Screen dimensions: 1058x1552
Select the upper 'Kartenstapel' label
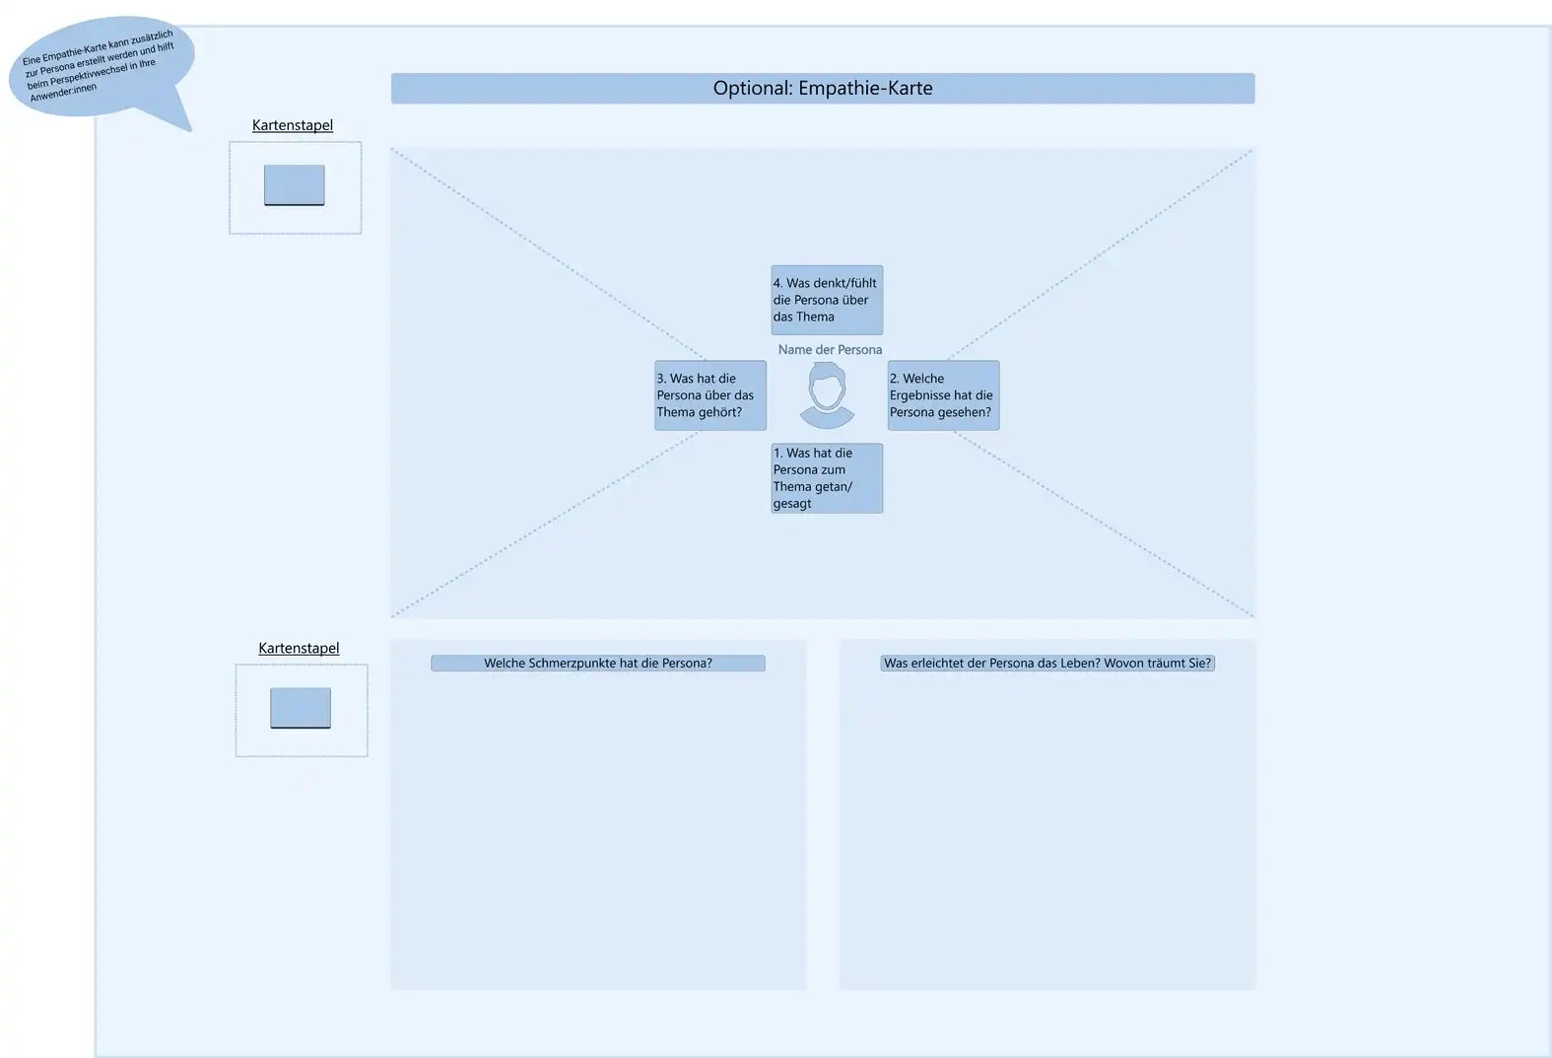[293, 125]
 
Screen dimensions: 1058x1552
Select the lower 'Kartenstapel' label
[299, 648]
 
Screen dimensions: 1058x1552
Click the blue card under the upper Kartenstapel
[295, 185]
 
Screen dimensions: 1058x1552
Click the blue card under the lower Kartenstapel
[301, 708]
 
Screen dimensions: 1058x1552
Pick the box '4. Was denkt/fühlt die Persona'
[827, 300]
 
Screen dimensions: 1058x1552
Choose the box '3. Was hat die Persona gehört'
[710, 395]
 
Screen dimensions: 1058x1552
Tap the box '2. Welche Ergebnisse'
[943, 395]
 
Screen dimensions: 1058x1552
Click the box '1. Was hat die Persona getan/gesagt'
[827, 478]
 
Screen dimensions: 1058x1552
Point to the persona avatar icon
[827, 394]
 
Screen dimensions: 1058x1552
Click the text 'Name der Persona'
[830, 350]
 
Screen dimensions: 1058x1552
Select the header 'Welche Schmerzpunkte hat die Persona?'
[598, 664]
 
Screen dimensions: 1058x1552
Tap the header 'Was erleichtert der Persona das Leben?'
[1047, 664]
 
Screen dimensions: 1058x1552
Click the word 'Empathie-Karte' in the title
[865, 88]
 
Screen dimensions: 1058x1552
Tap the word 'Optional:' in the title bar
[753, 88]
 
